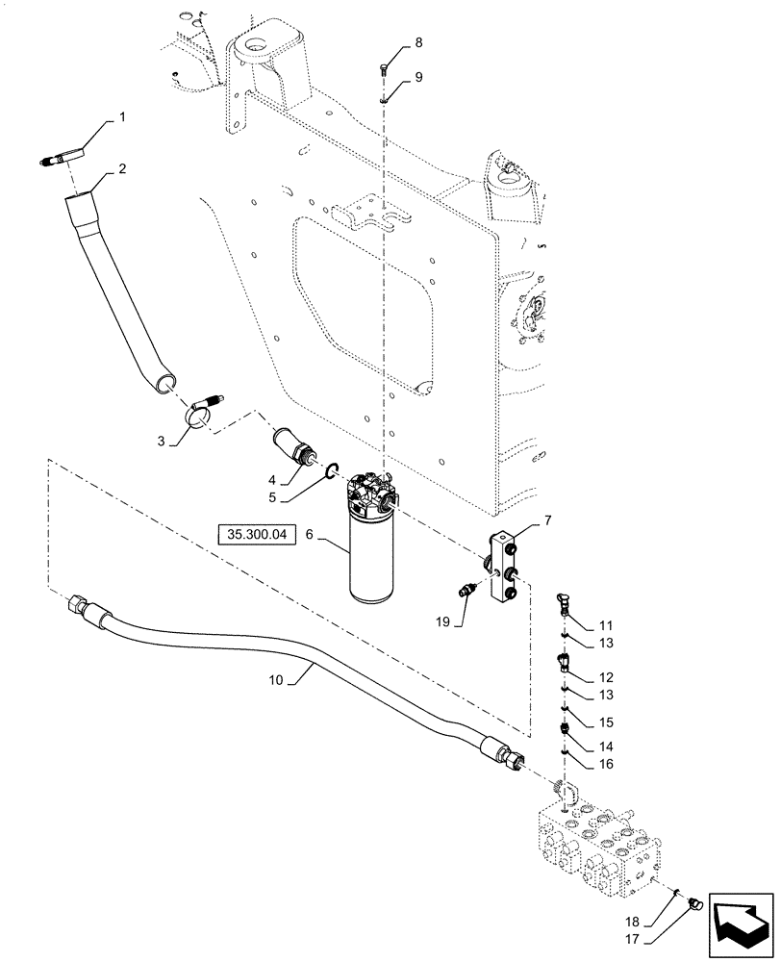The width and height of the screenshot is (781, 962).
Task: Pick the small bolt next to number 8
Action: [383, 66]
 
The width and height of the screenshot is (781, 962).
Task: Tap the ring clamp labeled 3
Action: [198, 417]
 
